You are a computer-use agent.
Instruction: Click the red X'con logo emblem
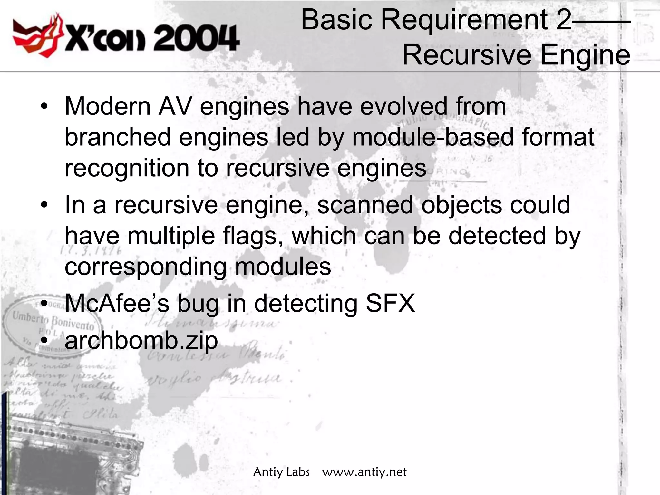click(x=37, y=35)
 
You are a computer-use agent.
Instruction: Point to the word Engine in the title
click(x=585, y=55)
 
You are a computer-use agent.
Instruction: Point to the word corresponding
click(x=146, y=267)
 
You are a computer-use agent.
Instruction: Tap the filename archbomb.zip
click(x=141, y=341)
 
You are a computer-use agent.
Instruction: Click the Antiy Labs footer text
click(x=281, y=472)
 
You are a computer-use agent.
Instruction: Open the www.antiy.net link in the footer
click(x=364, y=472)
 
